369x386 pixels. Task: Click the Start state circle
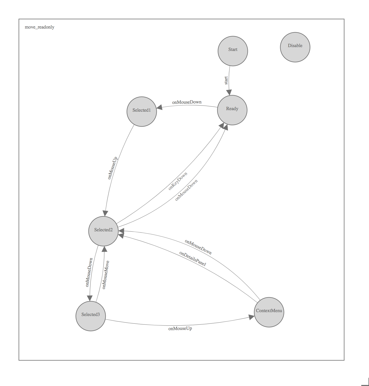coord(233,51)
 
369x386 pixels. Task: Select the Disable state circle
coord(295,47)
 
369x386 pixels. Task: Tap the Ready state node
coord(232,110)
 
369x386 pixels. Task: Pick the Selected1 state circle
coord(142,111)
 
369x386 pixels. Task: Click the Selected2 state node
coord(103,231)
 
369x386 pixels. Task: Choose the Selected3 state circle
coord(91,316)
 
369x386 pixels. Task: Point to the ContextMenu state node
coord(269,312)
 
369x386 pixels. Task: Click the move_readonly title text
coord(39,27)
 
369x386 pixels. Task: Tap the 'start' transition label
coord(226,80)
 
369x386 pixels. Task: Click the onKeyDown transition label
coord(178,181)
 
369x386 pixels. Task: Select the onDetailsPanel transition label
coord(193,259)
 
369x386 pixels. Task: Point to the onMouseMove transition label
coord(106,275)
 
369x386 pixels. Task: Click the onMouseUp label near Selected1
coord(113,168)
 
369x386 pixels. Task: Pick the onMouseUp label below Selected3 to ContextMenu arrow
coord(180,329)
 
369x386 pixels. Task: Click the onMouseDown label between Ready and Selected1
coord(187,102)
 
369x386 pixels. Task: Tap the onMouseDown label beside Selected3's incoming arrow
coord(89,272)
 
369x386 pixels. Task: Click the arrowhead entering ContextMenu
coord(252,317)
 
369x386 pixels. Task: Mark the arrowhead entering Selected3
coord(90,298)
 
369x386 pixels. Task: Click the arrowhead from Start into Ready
coord(229,93)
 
